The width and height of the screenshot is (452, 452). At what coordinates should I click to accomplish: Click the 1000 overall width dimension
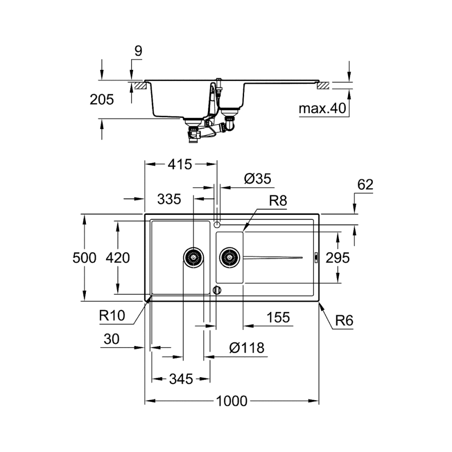coord(233,401)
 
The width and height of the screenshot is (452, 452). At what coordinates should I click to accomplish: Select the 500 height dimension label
coord(84,258)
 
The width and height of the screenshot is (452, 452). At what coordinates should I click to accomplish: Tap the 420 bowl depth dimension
coord(118,258)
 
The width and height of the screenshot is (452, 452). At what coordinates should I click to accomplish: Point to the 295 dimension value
coord(337,258)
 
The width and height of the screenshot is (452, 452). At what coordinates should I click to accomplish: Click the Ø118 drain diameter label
coord(246,348)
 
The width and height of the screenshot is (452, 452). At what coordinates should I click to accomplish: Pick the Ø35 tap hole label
coord(257,178)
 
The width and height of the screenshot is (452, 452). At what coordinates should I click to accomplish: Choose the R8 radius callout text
coord(278,201)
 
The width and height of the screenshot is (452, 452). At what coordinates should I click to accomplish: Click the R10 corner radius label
coord(111,315)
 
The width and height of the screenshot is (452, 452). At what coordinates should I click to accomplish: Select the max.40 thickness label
coord(323,108)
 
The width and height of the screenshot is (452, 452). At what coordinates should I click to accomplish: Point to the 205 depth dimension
coord(102,99)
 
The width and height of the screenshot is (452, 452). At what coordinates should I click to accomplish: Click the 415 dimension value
coord(181,164)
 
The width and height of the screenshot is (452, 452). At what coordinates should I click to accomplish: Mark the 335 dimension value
coord(169,199)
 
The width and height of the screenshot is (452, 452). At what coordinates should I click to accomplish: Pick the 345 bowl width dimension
coord(181,379)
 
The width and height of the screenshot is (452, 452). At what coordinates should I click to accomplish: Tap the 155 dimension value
coord(278,317)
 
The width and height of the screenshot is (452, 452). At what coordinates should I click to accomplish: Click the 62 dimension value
coord(365,185)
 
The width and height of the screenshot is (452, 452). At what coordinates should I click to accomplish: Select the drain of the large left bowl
coord(193,258)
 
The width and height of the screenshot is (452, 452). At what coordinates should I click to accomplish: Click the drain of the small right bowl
coord(230,258)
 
